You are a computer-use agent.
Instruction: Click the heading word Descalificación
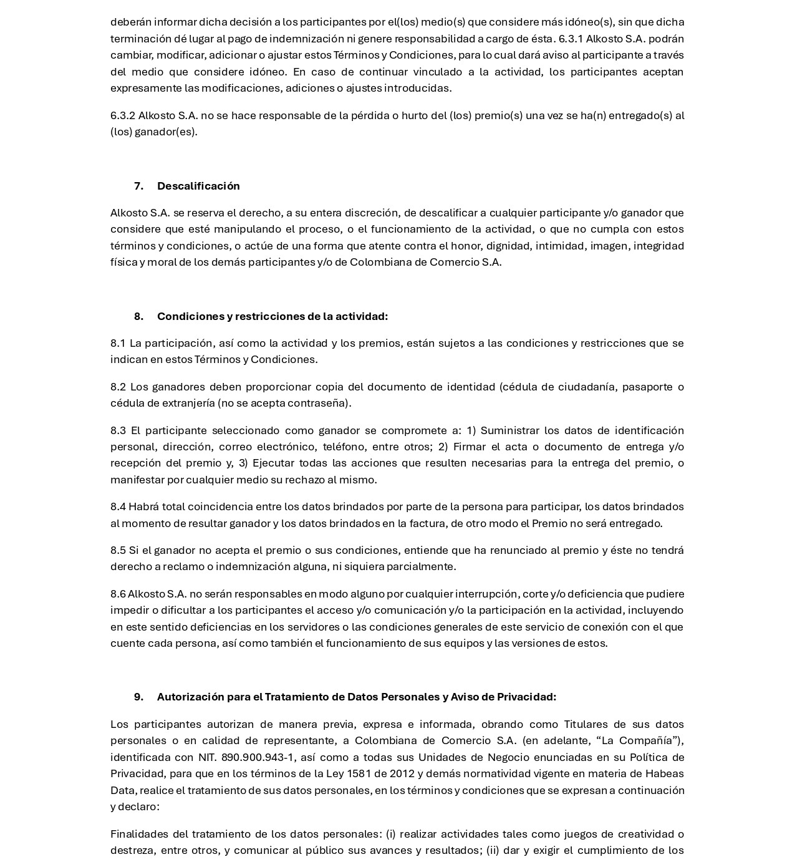tap(198, 186)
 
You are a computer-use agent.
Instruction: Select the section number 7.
tap(138, 186)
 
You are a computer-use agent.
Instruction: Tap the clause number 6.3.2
tap(123, 115)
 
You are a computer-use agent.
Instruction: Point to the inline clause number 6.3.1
tap(571, 39)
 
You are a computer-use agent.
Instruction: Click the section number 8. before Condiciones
tap(138, 316)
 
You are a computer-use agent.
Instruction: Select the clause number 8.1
tap(118, 343)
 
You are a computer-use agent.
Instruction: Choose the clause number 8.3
tap(118, 430)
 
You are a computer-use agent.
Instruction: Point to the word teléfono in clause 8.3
tap(343, 447)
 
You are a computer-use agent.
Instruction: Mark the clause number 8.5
tap(118, 550)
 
